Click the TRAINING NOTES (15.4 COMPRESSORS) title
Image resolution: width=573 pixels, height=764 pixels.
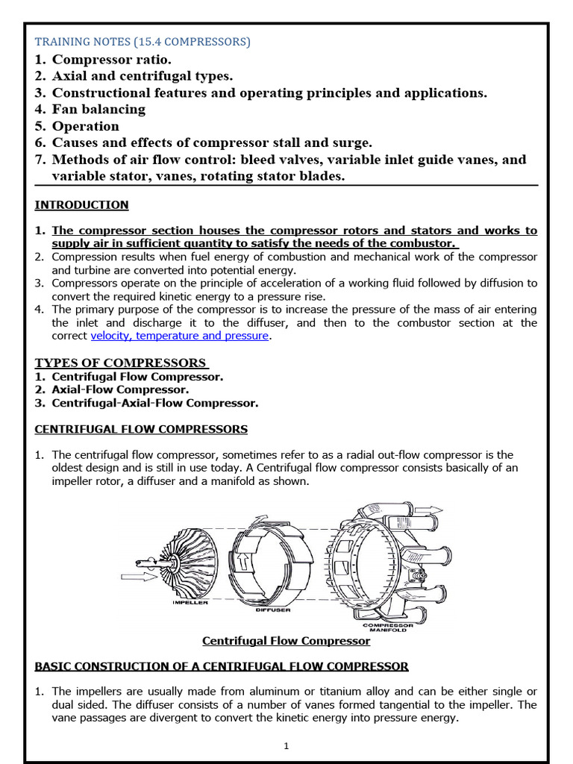(x=143, y=42)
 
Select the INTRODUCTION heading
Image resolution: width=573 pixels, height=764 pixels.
(x=82, y=205)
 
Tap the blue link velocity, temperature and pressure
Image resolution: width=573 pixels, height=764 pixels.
(x=179, y=336)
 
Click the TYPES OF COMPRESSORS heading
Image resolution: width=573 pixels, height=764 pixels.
(x=121, y=363)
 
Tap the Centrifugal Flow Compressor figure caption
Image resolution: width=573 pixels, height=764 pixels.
(x=286, y=641)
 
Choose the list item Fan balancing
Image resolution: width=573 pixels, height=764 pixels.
(x=98, y=110)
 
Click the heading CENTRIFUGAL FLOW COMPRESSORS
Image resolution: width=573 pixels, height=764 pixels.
(x=142, y=430)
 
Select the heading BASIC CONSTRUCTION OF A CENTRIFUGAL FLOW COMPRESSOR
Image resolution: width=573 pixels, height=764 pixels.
(x=222, y=666)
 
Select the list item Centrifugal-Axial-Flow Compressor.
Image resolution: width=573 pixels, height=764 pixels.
(x=155, y=403)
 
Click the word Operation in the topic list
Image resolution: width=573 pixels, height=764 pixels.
(x=85, y=126)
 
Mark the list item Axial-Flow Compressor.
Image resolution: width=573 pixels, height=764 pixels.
(x=120, y=390)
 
